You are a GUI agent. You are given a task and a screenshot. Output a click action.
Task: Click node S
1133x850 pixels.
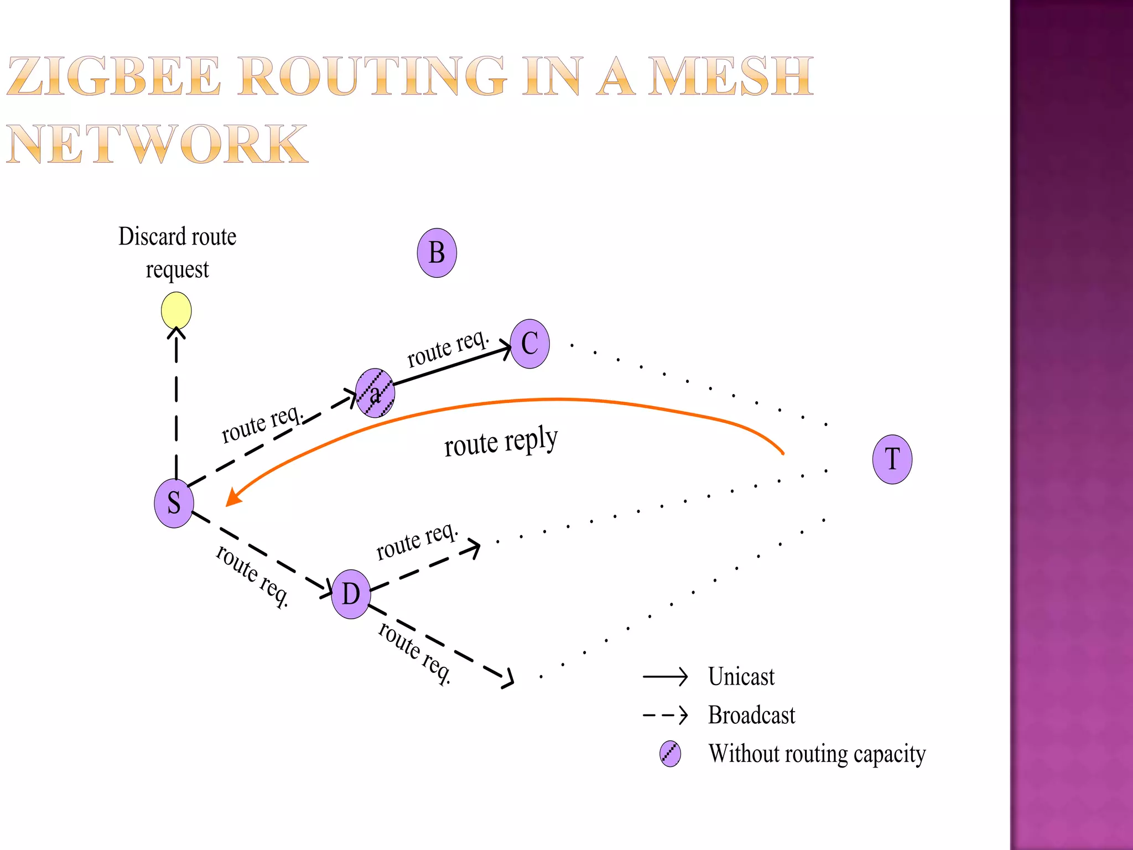174,503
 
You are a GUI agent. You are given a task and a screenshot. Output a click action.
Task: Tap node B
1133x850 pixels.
436,253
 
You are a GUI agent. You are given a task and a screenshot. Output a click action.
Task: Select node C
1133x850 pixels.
529,344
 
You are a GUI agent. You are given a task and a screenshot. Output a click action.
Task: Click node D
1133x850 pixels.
351,594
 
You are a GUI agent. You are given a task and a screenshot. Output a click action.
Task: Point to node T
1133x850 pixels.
892,459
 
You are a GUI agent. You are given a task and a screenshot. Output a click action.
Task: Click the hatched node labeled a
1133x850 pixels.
375,393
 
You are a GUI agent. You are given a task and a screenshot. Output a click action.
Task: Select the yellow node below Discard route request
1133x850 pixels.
176,310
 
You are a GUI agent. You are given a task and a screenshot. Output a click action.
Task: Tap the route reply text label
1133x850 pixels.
501,442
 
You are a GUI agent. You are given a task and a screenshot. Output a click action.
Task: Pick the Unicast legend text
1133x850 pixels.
741,677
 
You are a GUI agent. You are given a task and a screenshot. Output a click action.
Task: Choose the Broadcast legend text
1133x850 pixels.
751,715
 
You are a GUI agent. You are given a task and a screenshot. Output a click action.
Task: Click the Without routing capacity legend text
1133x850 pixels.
817,754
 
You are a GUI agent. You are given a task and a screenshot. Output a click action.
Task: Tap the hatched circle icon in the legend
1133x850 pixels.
670,754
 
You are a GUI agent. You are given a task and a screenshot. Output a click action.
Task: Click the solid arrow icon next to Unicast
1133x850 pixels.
664,676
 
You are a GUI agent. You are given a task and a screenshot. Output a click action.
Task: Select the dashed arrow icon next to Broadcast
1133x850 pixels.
664,715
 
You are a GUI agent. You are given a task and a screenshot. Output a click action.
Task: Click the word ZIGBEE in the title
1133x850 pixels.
113,76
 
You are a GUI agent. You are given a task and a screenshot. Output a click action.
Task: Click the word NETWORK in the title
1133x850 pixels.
157,144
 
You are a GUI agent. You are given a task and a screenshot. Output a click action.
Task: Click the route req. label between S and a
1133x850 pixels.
262,424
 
